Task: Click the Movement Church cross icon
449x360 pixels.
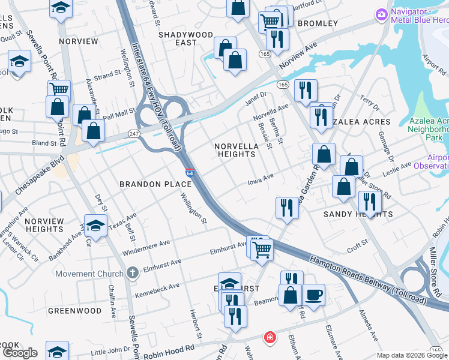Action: point(132,274)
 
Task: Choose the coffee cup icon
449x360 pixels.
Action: point(313,295)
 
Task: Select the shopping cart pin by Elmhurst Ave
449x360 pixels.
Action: point(262,248)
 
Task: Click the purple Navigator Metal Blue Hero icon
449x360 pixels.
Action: point(381,14)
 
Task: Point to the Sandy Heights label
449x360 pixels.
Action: point(358,214)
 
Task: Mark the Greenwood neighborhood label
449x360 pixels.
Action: point(74,311)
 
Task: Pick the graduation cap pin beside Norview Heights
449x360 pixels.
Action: point(95,226)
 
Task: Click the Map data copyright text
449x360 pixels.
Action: point(412,355)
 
